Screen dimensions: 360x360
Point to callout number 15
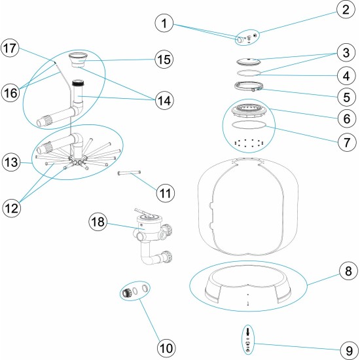(x=166, y=59)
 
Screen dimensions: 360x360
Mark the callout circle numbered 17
(x=12, y=47)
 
